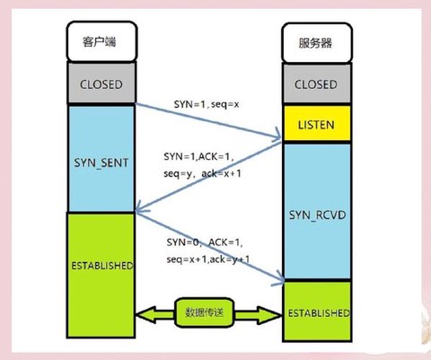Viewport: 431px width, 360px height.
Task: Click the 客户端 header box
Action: [x=99, y=42]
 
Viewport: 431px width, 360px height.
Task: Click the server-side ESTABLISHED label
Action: [x=317, y=313]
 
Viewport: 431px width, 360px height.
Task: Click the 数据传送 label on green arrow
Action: [x=209, y=312]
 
